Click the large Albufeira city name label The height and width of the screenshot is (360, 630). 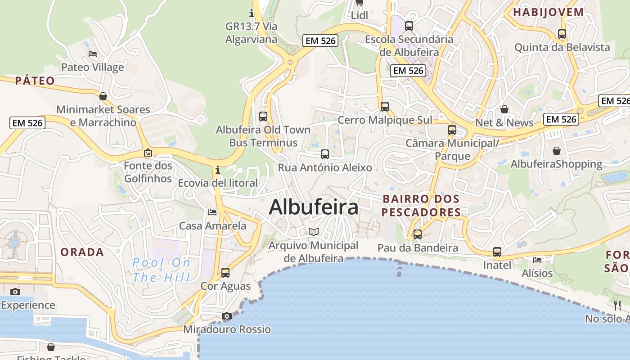[314, 207]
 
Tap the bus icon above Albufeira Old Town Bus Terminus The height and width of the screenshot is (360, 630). [263, 117]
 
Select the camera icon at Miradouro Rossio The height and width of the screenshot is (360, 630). [227, 316]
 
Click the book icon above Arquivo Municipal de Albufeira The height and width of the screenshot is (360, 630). [314, 232]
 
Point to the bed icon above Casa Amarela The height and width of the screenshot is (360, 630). [212, 212]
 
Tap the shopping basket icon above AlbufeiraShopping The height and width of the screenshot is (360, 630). [557, 151]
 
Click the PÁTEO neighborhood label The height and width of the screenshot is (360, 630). [35, 81]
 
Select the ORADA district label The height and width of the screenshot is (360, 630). [82, 252]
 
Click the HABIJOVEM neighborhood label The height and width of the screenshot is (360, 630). [549, 12]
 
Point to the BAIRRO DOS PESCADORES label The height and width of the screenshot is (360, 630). [421, 205]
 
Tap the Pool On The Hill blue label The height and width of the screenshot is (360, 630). [161, 270]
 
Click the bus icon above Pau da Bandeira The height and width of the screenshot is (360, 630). [418, 234]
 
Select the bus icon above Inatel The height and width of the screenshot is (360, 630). [497, 252]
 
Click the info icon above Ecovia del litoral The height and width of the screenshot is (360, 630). [218, 170]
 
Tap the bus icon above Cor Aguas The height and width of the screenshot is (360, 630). [225, 273]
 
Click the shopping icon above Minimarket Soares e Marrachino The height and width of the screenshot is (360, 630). [103, 96]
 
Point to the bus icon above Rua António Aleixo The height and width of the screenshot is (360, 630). [325, 154]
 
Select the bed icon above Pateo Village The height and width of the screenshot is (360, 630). [93, 54]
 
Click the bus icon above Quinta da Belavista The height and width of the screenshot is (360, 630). [562, 34]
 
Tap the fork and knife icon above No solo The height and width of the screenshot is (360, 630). [617, 306]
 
